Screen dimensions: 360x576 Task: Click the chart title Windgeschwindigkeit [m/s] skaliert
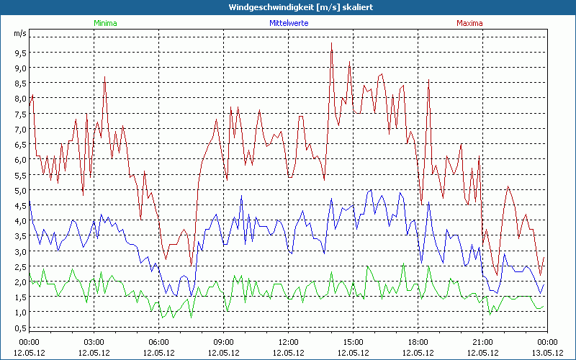pyautogui.click(x=288, y=6)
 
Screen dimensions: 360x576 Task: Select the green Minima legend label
pyautogui.click(x=105, y=23)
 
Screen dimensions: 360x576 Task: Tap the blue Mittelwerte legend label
pyautogui.click(x=289, y=23)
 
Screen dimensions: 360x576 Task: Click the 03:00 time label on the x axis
pyautogui.click(x=94, y=342)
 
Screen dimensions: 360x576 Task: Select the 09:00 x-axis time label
pyautogui.click(x=224, y=342)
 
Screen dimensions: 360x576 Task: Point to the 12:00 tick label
pyautogui.click(x=289, y=342)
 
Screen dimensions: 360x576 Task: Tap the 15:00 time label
pyautogui.click(x=354, y=342)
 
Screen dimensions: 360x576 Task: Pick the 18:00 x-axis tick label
pyautogui.click(x=418, y=342)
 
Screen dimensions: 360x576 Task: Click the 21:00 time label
pyautogui.click(x=483, y=342)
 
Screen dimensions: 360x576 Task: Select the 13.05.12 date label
pyautogui.click(x=547, y=353)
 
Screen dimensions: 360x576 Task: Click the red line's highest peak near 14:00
pyautogui.click(x=332, y=43)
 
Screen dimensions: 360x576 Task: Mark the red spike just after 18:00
pyautogui.click(x=428, y=80)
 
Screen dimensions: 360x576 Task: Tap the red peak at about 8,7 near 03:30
pyautogui.click(x=105, y=77)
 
